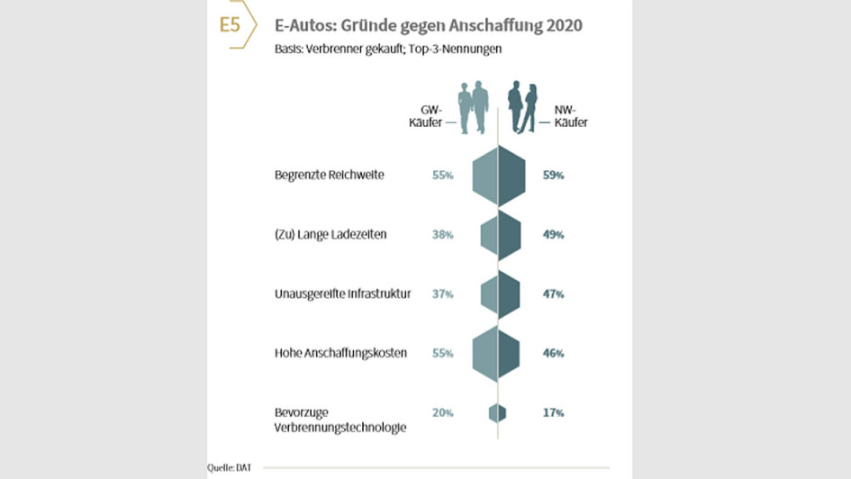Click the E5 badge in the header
click(231, 25)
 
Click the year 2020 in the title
click(562, 25)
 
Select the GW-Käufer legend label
click(426, 116)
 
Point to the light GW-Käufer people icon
click(474, 107)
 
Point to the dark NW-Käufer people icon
click(522, 107)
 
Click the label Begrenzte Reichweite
click(329, 175)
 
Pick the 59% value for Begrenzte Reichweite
click(553, 176)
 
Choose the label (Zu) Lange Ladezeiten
click(330, 234)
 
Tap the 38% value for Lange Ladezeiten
click(442, 235)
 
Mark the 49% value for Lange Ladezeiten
click(553, 235)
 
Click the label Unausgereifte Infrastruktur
click(342, 294)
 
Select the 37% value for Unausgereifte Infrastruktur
click(442, 294)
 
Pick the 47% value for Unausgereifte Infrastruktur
click(553, 294)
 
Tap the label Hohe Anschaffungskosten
click(340, 353)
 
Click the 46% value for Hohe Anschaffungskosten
click(553, 354)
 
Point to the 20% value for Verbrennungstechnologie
click(442, 413)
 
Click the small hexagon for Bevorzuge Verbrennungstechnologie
click(498, 413)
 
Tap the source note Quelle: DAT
click(230, 466)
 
